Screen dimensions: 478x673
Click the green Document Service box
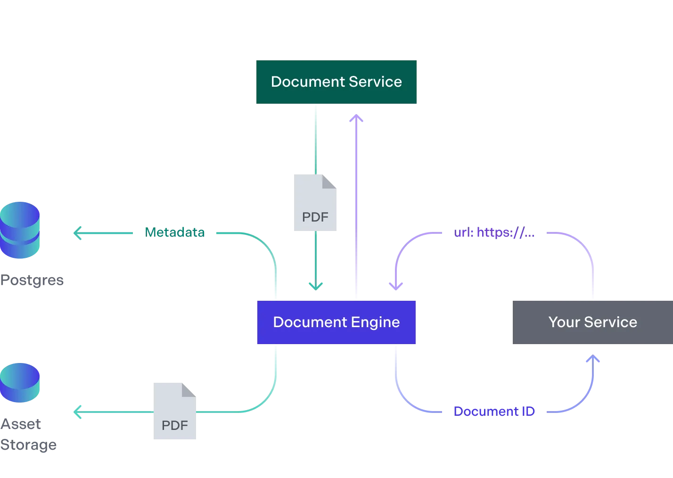coord(337,82)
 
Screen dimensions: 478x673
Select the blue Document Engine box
coord(337,322)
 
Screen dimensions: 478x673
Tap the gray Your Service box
coord(592,322)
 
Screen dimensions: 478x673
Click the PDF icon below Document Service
coord(316,204)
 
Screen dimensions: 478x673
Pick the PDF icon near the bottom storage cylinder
coord(173,411)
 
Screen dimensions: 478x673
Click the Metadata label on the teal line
coord(174,232)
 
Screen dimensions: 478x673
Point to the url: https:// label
coord(493,232)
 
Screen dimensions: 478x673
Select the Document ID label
coord(493,411)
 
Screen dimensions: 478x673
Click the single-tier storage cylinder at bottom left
coord(20,382)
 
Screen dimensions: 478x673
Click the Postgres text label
coord(32,280)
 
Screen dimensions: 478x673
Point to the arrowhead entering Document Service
coord(356,118)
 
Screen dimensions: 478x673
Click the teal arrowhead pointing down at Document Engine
coord(315,285)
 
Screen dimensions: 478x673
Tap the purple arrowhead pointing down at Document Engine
coord(396,285)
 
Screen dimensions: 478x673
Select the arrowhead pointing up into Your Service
coord(593,360)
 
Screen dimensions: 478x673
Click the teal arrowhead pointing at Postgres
coord(77,232)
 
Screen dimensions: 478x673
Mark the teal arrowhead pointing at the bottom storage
coord(77,412)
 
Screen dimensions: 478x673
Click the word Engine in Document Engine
coord(375,322)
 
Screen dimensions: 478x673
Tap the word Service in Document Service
coord(375,82)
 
